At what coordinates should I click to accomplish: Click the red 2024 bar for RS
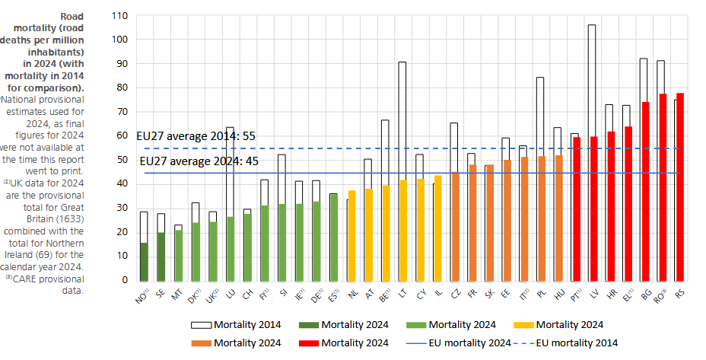pyautogui.click(x=679, y=186)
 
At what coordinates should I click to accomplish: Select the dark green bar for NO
pyautogui.click(x=143, y=261)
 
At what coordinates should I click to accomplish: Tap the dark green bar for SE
pyautogui.click(x=161, y=256)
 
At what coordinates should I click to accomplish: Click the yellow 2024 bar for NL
pyautogui.click(x=351, y=235)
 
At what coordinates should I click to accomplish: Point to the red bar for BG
pyautogui.click(x=644, y=191)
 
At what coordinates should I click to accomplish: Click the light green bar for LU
pyautogui.click(x=231, y=248)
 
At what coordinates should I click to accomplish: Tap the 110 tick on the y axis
pyautogui.click(x=119, y=15)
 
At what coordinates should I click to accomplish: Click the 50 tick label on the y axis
pyautogui.click(x=122, y=160)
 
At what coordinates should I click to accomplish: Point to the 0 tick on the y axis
pyautogui.click(x=125, y=280)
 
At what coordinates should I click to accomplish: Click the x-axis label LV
pyautogui.click(x=593, y=294)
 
